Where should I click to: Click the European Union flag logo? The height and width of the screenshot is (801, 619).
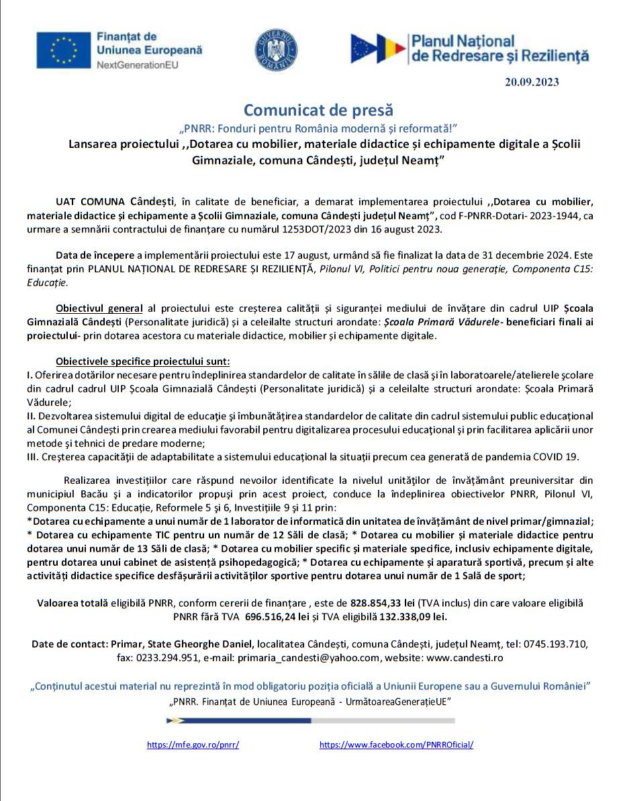(x=64, y=50)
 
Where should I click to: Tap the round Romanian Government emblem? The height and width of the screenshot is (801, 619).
(x=276, y=50)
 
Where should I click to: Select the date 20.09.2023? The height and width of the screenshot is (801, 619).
(x=532, y=82)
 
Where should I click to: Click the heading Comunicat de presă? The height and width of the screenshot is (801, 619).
(x=318, y=110)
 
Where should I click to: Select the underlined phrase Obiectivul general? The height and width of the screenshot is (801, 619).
(x=99, y=308)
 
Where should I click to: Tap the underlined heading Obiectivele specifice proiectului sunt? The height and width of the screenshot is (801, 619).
(x=143, y=361)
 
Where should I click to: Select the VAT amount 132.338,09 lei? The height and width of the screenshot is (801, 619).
(x=408, y=616)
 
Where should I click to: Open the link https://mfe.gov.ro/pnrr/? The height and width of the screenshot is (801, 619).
(x=193, y=745)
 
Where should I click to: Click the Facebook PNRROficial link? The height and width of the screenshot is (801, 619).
(x=396, y=745)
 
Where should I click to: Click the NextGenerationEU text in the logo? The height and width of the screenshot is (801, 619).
(x=138, y=65)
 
